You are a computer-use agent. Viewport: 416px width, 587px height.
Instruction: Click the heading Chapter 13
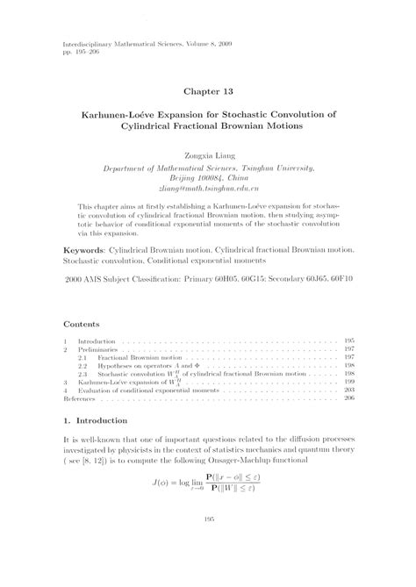click(208, 90)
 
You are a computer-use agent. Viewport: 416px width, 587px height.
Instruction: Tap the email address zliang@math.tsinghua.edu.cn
click(208, 188)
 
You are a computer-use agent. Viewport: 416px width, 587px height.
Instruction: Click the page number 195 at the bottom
click(208, 569)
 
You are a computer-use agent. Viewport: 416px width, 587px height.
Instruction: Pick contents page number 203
click(373, 390)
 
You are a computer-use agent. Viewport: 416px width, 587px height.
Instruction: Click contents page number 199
click(373, 383)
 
